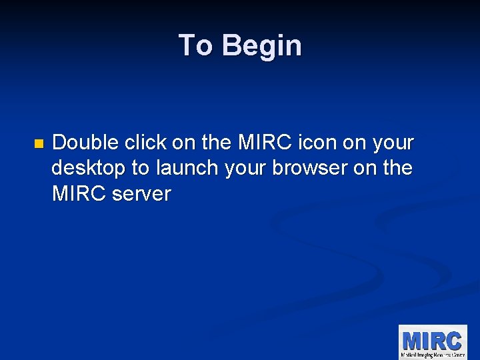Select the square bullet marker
38,143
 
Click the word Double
85,143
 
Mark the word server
141,195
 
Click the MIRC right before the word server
75,195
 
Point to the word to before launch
141,169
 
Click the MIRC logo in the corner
433,341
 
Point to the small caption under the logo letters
433,354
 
